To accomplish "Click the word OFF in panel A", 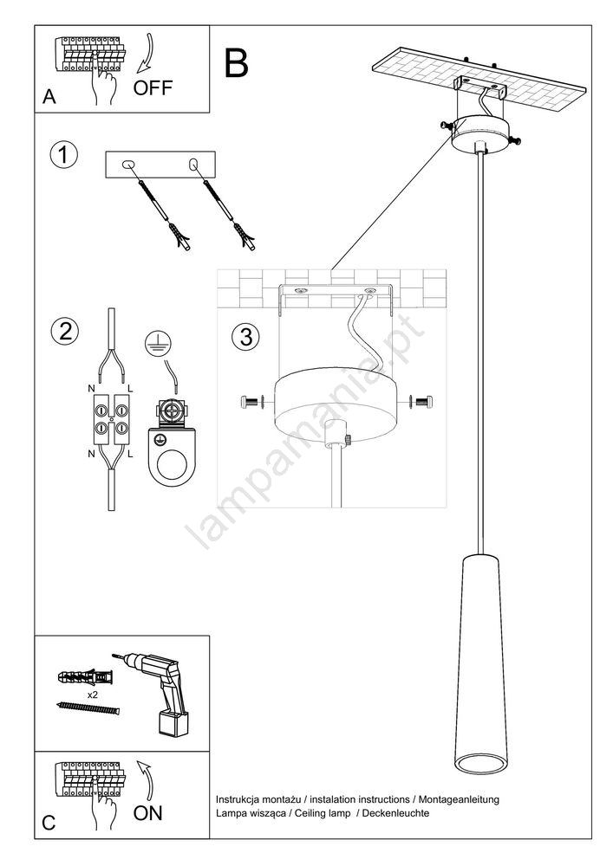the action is pos(153,87).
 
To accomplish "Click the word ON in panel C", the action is pos(147,813).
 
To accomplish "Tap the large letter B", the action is pos(236,63).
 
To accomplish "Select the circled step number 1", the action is pos(64,155).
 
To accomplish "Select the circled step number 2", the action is pos(65,331).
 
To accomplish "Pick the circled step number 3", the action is pos(246,337).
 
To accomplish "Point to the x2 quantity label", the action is pos(93,695).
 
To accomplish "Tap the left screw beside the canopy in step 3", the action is pos(253,402).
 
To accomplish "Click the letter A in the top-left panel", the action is pos(49,97).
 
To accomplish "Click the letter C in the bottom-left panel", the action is pos(49,823).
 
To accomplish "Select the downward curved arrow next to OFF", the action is pos(145,53).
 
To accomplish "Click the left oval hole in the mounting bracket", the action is pos(128,164).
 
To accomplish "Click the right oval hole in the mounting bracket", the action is pos(192,164).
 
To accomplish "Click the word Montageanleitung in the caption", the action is pos(459,799).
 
